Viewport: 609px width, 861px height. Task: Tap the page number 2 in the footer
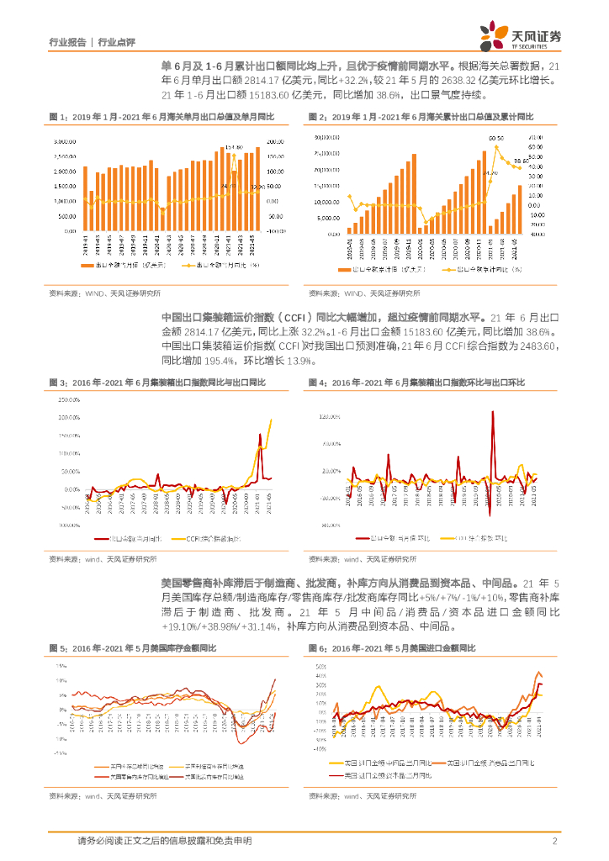pyautogui.click(x=555, y=841)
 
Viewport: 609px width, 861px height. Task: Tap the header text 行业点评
pyautogui.click(x=117, y=42)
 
